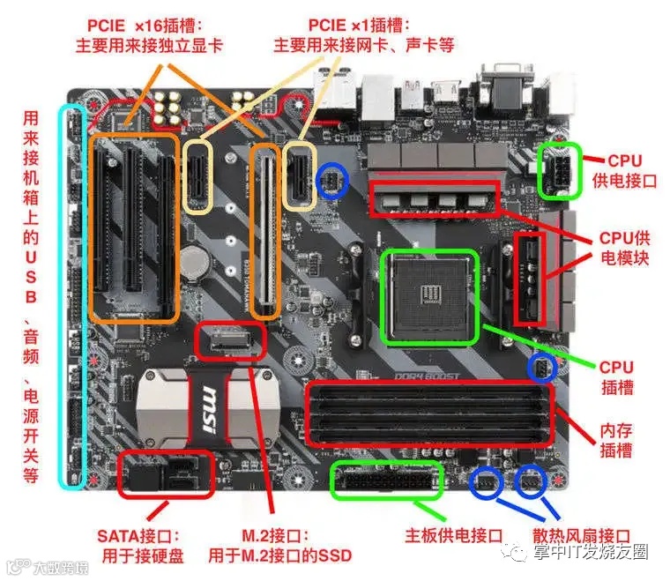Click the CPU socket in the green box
pyautogui.click(x=428, y=296)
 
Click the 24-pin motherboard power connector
pyautogui.click(x=385, y=480)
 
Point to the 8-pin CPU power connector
pyautogui.click(x=560, y=168)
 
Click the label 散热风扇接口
pyautogui.click(x=582, y=535)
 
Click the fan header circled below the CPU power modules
pyautogui.click(x=540, y=367)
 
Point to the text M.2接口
pyautogui.click(x=264, y=535)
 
